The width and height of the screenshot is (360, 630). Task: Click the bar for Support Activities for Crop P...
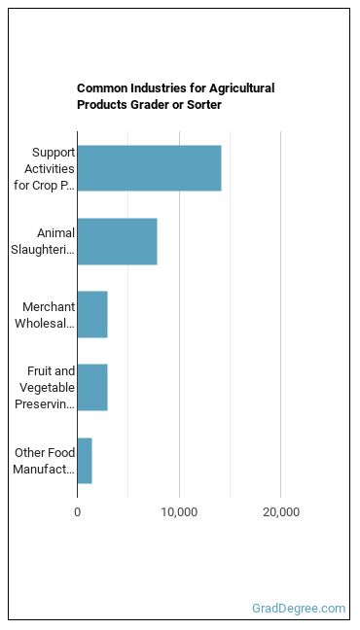tap(149, 168)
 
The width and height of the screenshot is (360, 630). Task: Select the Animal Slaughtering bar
tap(118, 241)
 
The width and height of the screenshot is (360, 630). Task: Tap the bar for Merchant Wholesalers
tap(92, 315)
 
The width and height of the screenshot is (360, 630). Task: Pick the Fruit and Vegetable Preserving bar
tap(92, 387)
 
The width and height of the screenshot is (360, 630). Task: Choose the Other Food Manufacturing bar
tap(85, 461)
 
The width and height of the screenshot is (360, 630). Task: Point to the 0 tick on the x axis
tap(77, 512)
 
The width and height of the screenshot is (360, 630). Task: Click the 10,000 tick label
tap(179, 512)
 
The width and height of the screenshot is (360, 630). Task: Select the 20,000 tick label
tap(281, 512)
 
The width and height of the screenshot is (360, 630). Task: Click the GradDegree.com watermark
tap(299, 609)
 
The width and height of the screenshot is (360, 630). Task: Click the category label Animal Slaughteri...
tap(43, 241)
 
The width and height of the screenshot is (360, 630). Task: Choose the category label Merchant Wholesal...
tap(45, 315)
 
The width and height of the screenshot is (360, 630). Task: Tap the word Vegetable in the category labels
tap(47, 387)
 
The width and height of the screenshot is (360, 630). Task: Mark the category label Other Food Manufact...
tap(44, 461)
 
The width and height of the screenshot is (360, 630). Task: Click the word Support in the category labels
tap(54, 153)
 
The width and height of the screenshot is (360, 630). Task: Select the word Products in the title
tap(102, 105)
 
